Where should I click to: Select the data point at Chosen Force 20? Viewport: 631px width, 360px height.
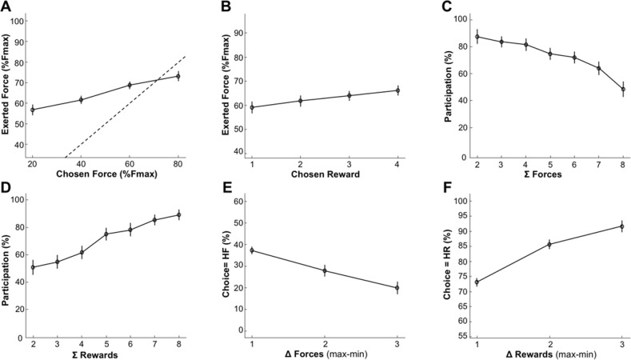point(33,110)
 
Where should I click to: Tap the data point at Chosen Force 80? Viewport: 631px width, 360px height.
point(178,76)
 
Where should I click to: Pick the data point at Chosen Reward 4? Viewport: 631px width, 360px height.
point(397,90)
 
